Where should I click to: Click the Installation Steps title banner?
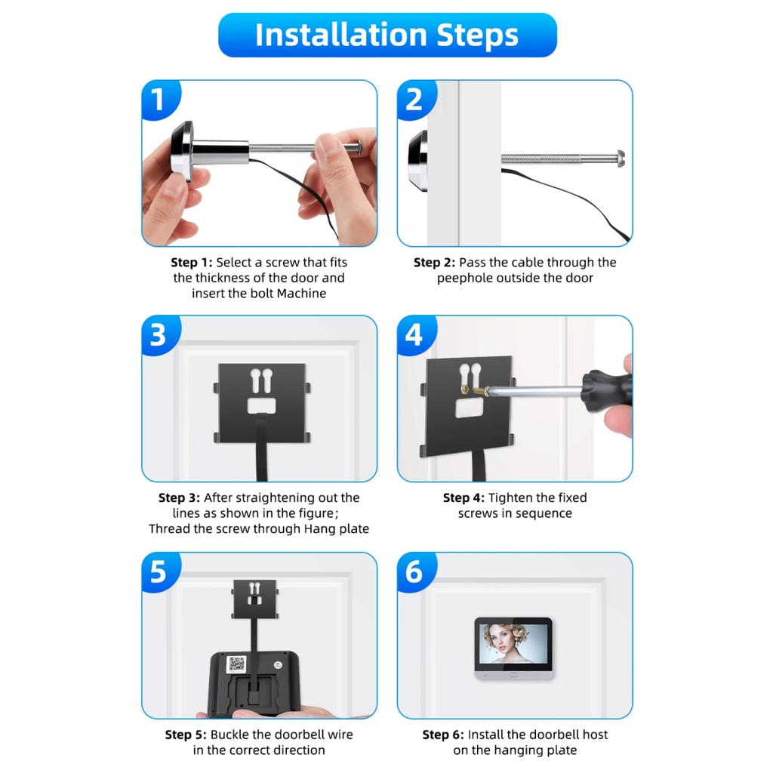click(386, 35)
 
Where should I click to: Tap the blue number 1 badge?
click(159, 100)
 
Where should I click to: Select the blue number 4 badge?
click(414, 334)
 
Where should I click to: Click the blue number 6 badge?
click(414, 571)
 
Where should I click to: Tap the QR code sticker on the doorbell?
click(236, 664)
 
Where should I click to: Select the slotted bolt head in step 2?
click(620, 159)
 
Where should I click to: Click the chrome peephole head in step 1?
click(182, 151)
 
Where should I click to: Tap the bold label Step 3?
click(179, 497)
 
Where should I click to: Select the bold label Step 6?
click(443, 735)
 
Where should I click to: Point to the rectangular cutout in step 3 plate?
click(261, 406)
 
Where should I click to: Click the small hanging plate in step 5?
click(254, 596)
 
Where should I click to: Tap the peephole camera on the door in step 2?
click(417, 160)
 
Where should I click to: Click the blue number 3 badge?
click(159, 334)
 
